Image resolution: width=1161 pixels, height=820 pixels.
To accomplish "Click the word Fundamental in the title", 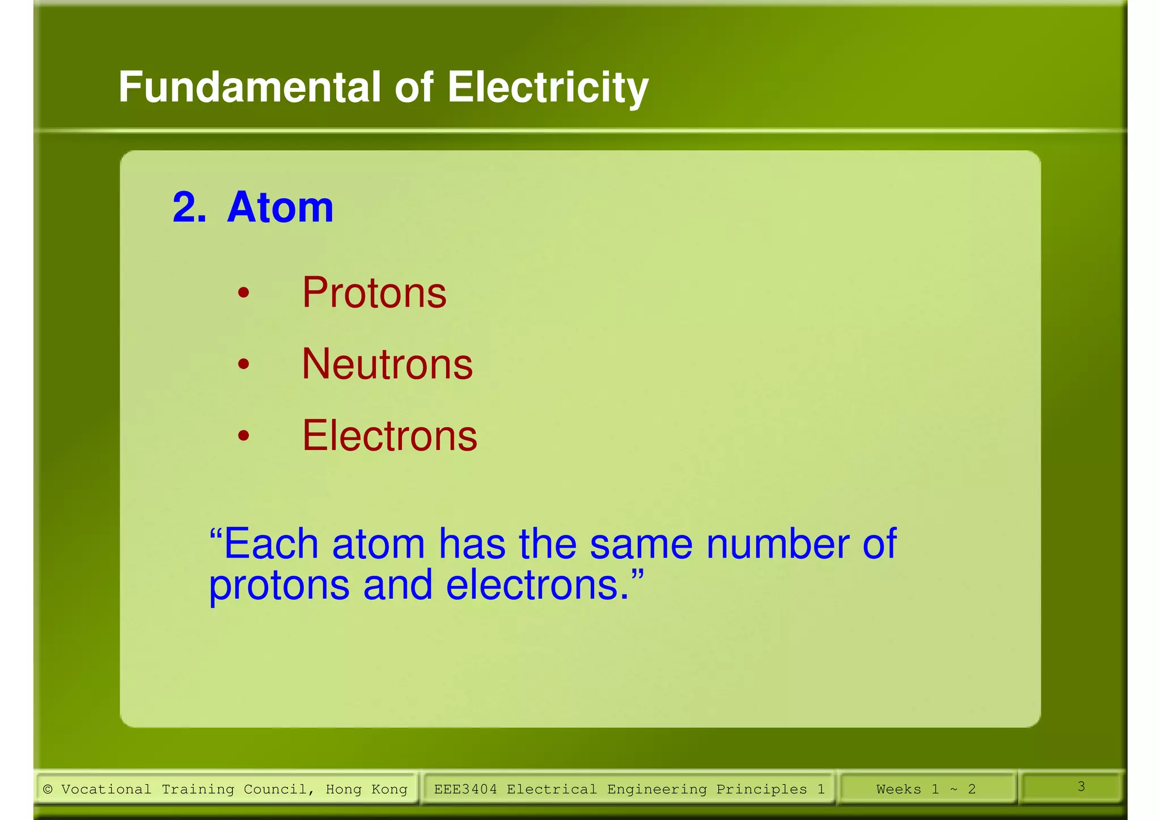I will tap(249, 88).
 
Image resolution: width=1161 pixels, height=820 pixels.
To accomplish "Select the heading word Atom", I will tap(280, 207).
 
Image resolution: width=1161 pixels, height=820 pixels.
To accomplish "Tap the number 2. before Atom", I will tap(189, 207).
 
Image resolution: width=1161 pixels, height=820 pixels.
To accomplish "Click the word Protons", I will tap(374, 293).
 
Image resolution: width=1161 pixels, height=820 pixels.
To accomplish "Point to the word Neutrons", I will tap(387, 364).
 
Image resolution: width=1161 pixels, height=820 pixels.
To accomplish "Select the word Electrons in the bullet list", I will tap(389, 436).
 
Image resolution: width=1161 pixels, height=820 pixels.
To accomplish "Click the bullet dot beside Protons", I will tap(243, 293).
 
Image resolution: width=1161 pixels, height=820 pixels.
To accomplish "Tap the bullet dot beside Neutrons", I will tap(243, 364).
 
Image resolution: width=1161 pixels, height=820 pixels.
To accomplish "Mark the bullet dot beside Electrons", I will tap(243, 436).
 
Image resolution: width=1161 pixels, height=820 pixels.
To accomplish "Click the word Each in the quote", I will tap(270, 544).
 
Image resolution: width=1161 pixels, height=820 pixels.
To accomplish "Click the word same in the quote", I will tap(641, 544).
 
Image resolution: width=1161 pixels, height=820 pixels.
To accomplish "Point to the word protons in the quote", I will tap(279, 585).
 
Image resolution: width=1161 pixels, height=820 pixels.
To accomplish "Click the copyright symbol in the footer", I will tap(48, 789).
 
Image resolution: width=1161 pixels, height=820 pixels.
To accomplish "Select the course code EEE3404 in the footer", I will tap(465, 789).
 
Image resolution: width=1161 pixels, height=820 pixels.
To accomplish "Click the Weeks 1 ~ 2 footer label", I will tap(926, 789).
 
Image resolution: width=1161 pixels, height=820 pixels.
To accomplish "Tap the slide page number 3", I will tap(1081, 787).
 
